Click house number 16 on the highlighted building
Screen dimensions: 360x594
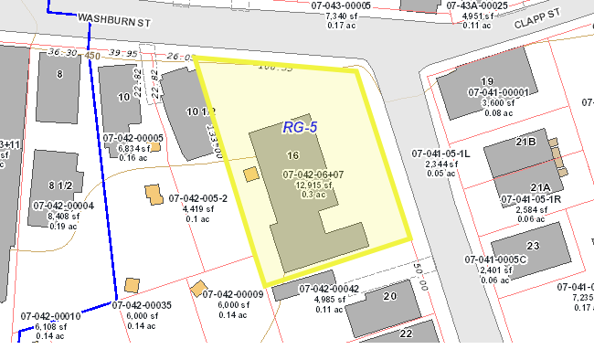click(x=292, y=156)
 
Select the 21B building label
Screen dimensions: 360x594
click(x=525, y=142)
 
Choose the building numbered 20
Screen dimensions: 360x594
click(x=390, y=296)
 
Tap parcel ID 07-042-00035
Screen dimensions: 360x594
click(x=142, y=304)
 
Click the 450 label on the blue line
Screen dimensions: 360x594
click(x=91, y=56)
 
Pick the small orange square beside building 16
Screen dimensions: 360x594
click(x=249, y=174)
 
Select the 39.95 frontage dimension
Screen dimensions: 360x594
click(x=122, y=53)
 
